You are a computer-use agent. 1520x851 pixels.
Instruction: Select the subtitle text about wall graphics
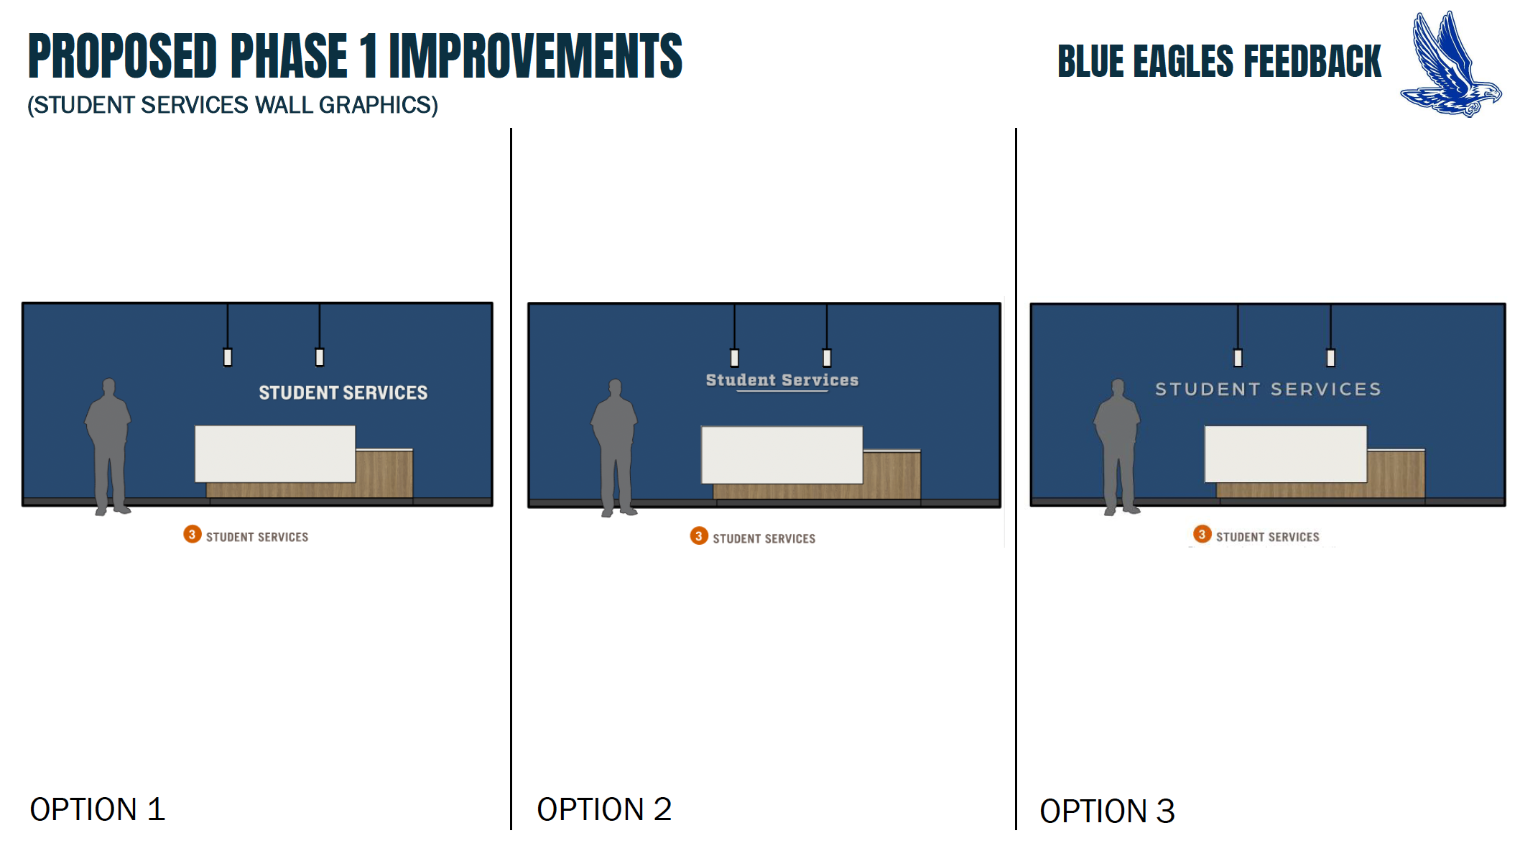point(233,105)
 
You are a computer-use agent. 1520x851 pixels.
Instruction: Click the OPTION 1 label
point(98,809)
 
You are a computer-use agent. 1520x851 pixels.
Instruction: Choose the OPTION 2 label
point(604,809)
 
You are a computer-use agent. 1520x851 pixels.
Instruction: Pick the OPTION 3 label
point(1107,811)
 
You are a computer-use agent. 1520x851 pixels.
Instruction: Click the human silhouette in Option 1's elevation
point(108,446)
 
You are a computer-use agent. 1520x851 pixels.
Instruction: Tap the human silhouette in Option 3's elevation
point(1117,447)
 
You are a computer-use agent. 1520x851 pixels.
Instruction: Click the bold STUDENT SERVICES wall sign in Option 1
point(343,392)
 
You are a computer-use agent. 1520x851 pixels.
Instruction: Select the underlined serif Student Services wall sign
point(782,381)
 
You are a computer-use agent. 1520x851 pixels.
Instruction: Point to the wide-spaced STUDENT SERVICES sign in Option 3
point(1268,390)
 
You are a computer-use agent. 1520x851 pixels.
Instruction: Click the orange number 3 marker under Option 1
point(192,534)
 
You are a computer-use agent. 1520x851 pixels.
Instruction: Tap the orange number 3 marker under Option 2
point(699,535)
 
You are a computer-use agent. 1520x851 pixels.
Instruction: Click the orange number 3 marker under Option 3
point(1202,534)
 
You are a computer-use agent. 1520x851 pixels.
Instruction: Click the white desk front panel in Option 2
point(782,455)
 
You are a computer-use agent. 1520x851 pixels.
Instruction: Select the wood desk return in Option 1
point(384,473)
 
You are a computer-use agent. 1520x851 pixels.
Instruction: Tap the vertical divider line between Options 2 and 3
point(1016,479)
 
